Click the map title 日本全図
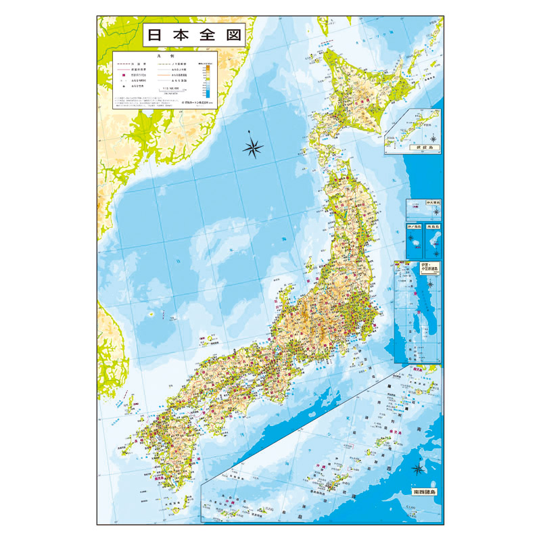tap(193, 36)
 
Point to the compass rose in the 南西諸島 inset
tap(419, 468)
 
